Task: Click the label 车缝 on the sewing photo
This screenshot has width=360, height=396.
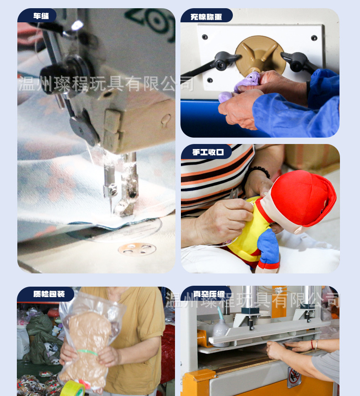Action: (x=41, y=16)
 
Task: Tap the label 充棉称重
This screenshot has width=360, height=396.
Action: (x=206, y=17)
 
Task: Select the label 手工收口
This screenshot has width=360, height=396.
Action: (x=208, y=152)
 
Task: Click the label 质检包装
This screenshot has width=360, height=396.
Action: (x=49, y=294)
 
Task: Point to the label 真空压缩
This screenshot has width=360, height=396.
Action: (x=209, y=294)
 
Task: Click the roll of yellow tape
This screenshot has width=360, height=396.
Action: (x=72, y=388)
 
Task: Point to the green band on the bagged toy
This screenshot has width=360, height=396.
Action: (x=87, y=352)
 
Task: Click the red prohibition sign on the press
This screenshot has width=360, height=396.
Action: (x=294, y=377)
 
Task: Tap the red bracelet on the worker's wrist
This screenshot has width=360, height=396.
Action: (x=313, y=345)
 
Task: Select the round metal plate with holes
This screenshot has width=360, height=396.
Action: (x=137, y=249)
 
